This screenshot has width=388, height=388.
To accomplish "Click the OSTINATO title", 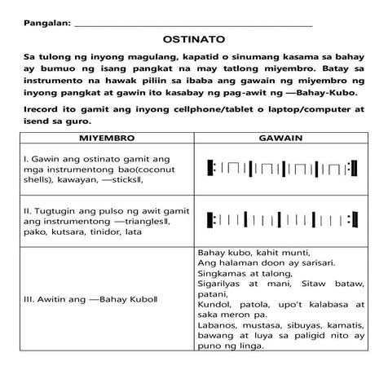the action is click(x=194, y=38).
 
